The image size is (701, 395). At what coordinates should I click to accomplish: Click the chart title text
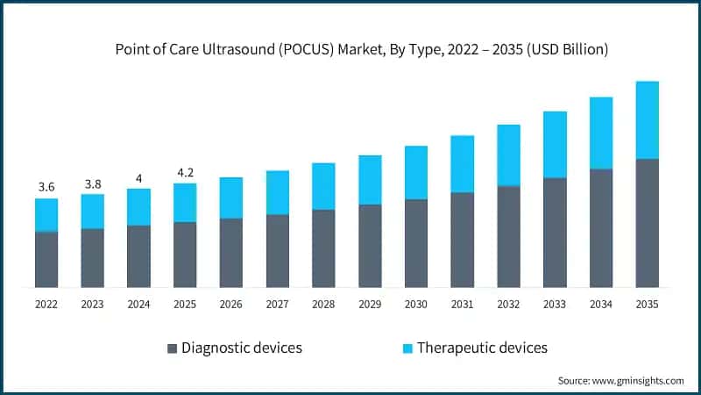(362, 50)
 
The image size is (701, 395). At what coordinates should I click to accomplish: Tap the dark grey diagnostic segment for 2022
(46, 260)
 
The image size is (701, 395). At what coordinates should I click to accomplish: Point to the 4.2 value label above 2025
(184, 173)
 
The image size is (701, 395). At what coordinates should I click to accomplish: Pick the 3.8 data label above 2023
(92, 183)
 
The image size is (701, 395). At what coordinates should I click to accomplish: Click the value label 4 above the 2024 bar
(138, 178)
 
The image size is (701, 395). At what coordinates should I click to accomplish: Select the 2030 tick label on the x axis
(415, 304)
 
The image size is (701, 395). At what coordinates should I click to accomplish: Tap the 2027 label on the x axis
(277, 304)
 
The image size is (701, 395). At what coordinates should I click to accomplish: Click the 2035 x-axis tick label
(647, 304)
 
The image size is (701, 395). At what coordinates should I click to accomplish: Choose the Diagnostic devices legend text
(241, 348)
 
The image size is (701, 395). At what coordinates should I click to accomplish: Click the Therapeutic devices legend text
(482, 348)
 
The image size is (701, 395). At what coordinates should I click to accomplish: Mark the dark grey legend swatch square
(172, 348)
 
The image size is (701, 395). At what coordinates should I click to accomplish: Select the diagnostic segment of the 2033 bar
(555, 233)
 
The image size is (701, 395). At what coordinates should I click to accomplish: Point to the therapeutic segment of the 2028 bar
(323, 186)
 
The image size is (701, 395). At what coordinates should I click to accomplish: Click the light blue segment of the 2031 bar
(462, 164)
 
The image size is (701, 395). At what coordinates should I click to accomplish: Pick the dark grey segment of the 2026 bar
(230, 253)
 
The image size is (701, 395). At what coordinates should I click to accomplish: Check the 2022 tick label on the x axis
(46, 304)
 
